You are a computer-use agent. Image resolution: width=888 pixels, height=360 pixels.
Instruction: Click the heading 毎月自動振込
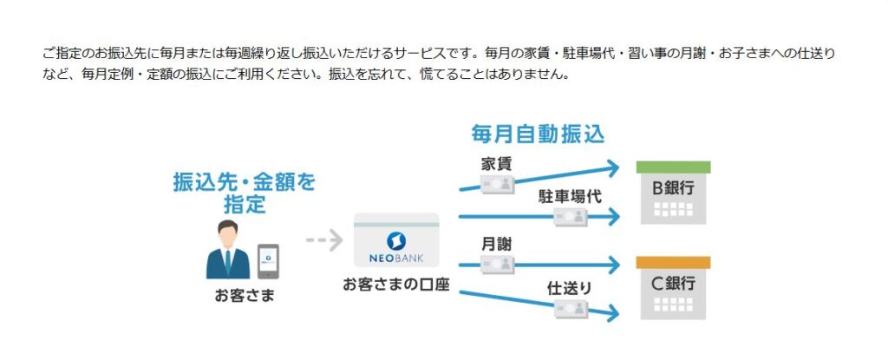point(538,134)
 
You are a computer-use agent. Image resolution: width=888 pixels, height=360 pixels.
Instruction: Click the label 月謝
point(495,244)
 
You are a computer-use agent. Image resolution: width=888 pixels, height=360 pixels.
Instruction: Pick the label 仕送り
point(570,285)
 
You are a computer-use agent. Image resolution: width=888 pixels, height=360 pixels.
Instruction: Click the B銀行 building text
point(673,187)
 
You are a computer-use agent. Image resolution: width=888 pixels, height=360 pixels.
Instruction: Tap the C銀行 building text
point(673,283)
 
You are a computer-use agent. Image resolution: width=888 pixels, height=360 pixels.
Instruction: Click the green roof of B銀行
point(673,167)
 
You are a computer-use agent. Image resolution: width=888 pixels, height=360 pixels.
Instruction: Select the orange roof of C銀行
point(673,262)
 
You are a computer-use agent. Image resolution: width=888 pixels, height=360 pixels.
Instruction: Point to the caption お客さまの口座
point(395,285)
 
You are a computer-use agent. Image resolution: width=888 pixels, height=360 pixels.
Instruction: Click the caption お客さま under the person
point(244,295)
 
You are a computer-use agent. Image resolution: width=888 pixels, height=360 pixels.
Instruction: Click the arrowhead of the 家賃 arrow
point(612,167)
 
